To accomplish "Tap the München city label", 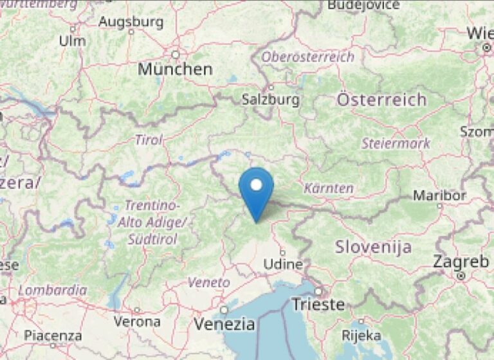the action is (x=175, y=69).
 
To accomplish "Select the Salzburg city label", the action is (x=270, y=100).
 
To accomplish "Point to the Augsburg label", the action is (x=131, y=22).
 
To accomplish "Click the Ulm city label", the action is (x=71, y=40).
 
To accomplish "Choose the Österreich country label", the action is (x=381, y=100).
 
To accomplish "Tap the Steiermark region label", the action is (x=396, y=143).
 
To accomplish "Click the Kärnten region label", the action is (x=329, y=188).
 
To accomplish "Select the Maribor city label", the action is (x=439, y=195).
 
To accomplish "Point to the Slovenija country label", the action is (x=374, y=247).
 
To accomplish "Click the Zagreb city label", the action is (x=461, y=262).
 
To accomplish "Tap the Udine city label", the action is (x=283, y=264).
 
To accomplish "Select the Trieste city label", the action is (x=318, y=304).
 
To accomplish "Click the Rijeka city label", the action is (x=361, y=335).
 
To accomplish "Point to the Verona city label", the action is (x=137, y=321).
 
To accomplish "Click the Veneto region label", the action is (x=208, y=282).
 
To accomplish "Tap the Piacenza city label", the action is (x=53, y=336).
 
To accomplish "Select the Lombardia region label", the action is (x=53, y=290).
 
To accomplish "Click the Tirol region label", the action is (x=149, y=139).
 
